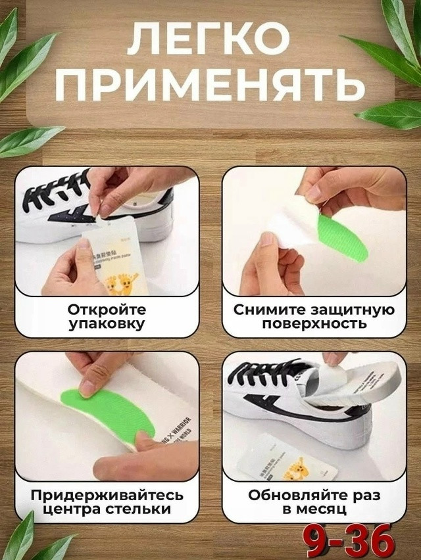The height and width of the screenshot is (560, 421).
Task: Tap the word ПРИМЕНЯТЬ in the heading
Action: (210, 86)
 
